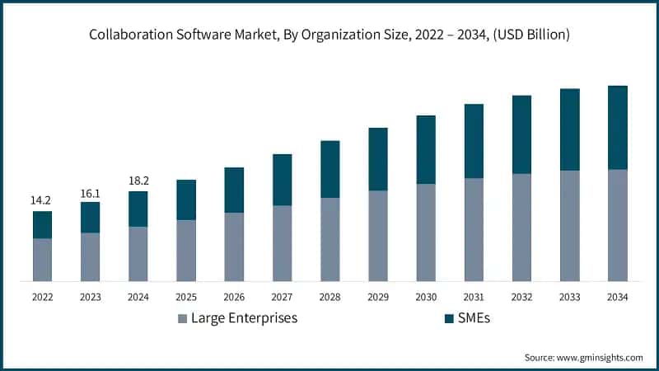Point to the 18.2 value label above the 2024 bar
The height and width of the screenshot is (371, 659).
coord(138,179)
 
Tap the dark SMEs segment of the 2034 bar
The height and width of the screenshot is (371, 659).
coord(617,128)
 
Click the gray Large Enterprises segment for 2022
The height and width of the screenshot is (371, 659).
coord(42,260)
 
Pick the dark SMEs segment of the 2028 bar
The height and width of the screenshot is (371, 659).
coord(329,169)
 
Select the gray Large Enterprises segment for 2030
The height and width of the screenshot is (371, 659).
coord(426,232)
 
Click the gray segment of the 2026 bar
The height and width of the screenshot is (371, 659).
coord(234,247)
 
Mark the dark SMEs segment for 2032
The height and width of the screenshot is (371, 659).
coord(521,134)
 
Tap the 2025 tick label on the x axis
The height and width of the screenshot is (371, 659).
coord(186,297)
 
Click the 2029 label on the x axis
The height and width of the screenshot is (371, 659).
coord(378,297)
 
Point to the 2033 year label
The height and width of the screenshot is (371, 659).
coord(569,297)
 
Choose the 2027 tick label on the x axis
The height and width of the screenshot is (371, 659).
coord(282,297)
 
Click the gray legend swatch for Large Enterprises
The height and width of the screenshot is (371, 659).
coord(182,318)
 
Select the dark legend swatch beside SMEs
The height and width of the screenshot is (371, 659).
coord(449,318)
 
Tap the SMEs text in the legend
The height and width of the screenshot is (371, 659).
coord(475,318)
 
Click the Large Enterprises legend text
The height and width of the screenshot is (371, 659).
coord(244,318)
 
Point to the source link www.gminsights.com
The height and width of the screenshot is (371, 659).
coord(598,357)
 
